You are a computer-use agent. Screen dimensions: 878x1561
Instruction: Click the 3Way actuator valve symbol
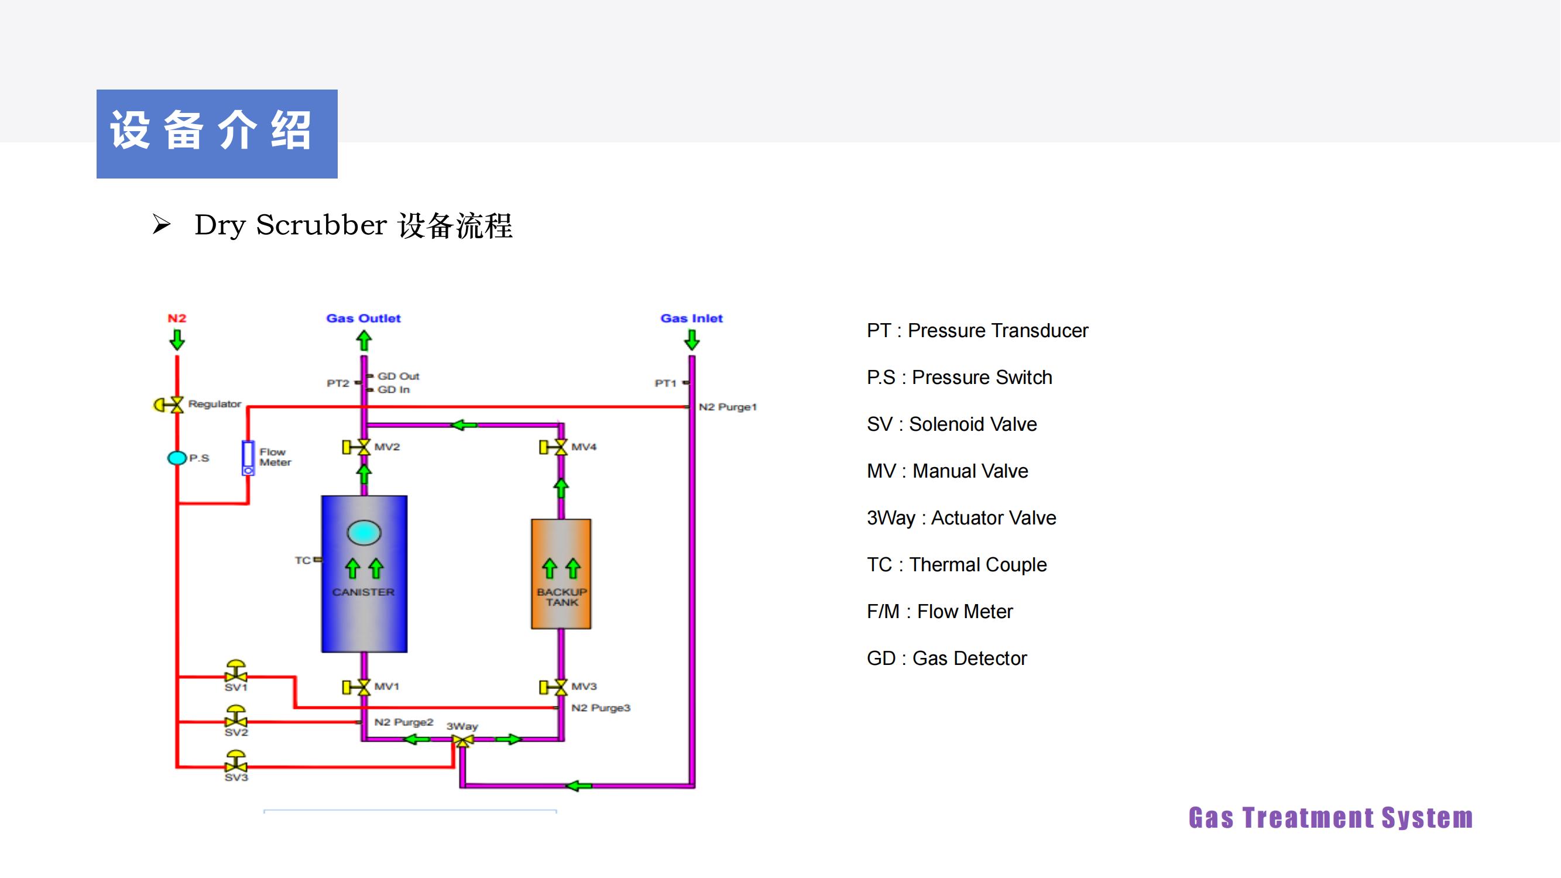point(463,740)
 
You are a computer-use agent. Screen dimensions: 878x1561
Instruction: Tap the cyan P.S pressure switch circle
point(177,458)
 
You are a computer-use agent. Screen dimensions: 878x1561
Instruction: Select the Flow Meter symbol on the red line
point(248,458)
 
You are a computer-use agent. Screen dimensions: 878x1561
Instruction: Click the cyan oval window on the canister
point(364,533)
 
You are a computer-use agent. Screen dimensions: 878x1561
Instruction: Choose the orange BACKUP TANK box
point(561,573)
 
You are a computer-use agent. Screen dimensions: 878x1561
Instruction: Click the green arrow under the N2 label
point(177,340)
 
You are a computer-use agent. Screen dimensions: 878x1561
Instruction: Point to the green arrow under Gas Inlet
point(692,340)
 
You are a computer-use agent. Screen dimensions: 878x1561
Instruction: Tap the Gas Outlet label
point(363,318)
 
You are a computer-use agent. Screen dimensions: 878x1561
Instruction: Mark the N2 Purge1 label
point(728,407)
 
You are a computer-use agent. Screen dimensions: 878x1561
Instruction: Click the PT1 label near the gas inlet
point(665,383)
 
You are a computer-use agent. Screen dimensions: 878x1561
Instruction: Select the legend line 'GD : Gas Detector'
point(946,658)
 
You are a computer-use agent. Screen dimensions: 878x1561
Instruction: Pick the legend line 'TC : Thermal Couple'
point(957,565)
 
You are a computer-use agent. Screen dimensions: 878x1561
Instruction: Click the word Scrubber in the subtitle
point(321,225)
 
